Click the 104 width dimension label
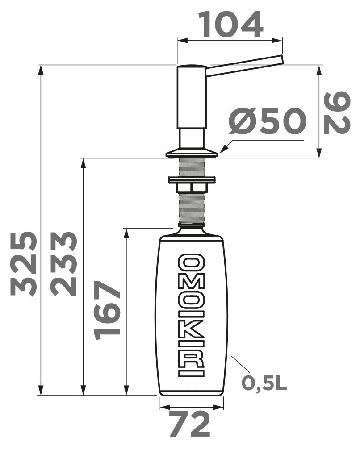click(x=230, y=25)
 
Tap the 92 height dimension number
click(x=337, y=113)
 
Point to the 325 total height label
click(x=24, y=264)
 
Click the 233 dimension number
click(x=64, y=264)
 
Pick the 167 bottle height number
click(x=107, y=310)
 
